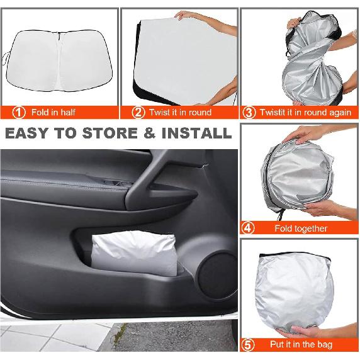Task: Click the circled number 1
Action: [x=20, y=113]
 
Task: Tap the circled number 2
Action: [x=138, y=113]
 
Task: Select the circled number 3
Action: [x=249, y=113]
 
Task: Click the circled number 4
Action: [x=249, y=228]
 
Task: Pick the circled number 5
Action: [x=249, y=346]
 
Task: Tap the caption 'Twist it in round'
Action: [x=180, y=113]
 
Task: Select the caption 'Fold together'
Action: [x=301, y=228]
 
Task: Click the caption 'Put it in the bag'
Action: [x=301, y=346]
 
